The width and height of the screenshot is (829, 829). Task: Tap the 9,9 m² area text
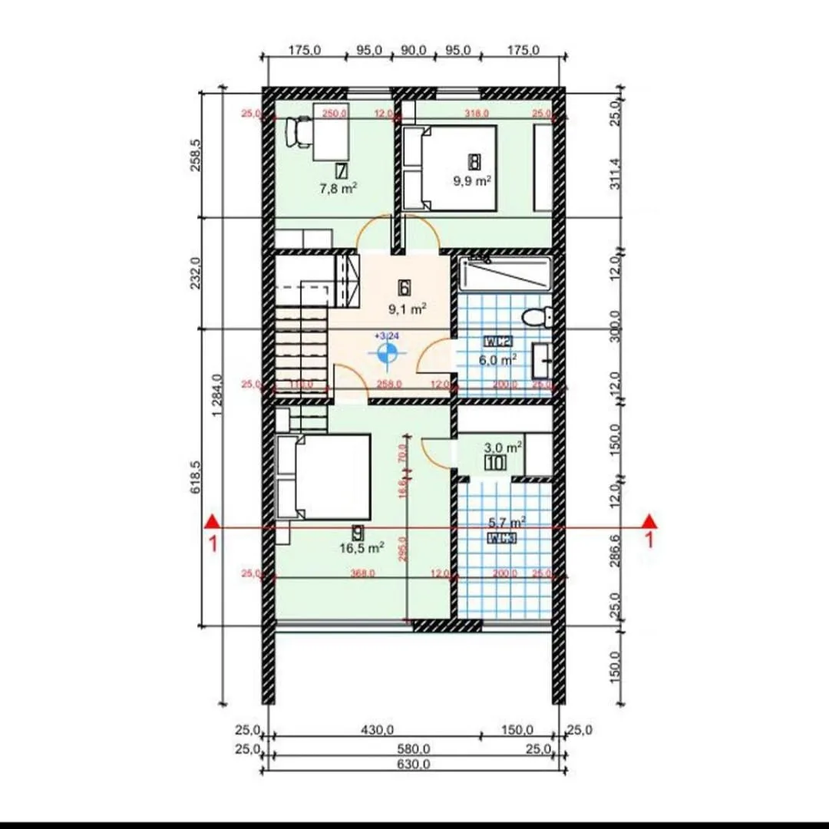pos(471,181)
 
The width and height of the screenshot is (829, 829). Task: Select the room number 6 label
pos(404,287)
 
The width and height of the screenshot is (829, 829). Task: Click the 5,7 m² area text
pos(507,522)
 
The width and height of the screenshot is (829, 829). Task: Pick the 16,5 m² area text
pos(362,548)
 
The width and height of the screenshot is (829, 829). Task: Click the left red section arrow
pos(213,522)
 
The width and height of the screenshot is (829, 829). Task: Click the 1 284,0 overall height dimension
pos(217,395)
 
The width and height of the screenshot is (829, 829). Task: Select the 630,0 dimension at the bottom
pos(415,764)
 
